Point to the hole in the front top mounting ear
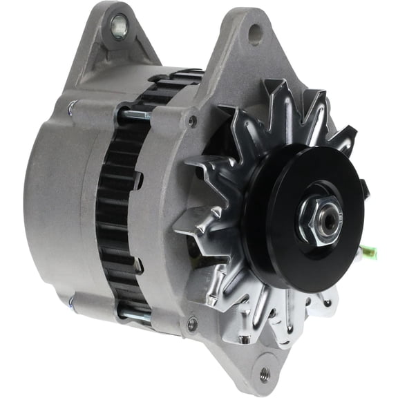coord(255,32)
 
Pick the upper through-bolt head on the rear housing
coord(72,107)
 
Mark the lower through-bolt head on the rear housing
coord(72,301)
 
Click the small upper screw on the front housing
coord(191,121)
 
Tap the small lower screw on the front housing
coord(191,323)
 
